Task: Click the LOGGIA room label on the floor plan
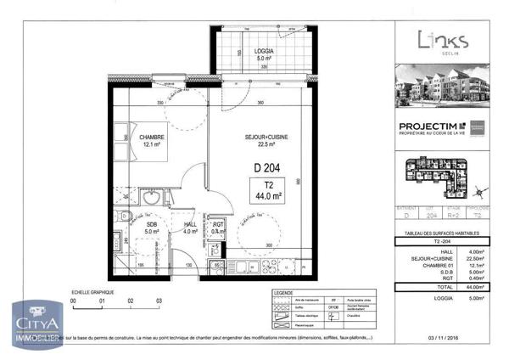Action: (263, 51)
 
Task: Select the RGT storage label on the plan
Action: (217, 225)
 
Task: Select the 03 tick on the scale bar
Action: (158, 301)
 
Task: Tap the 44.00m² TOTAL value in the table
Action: (473, 289)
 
